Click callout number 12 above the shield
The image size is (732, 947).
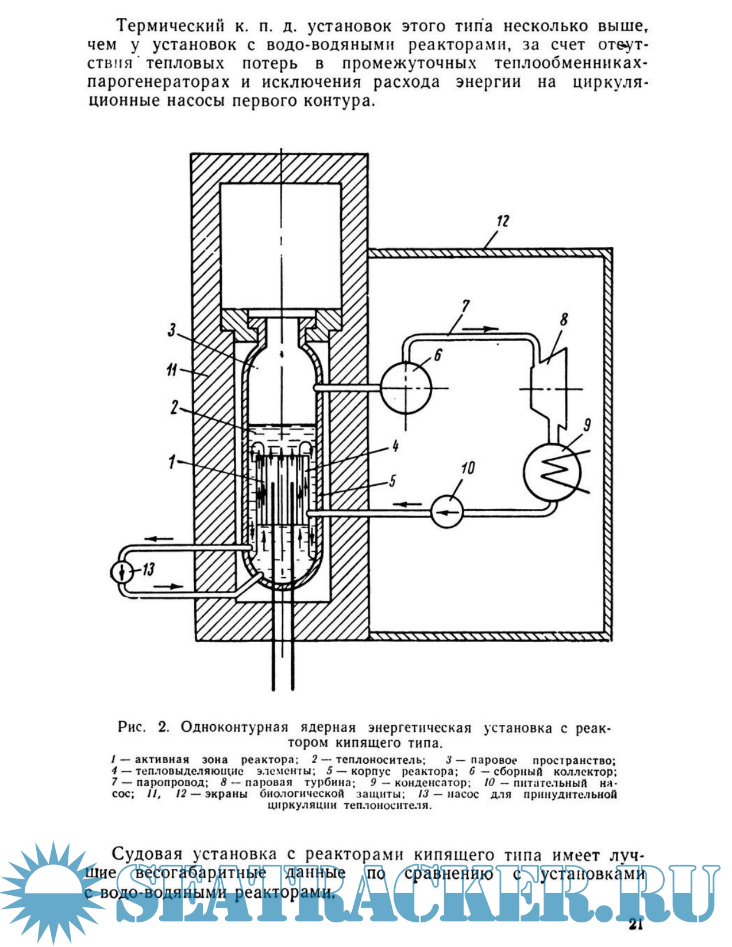pyautogui.click(x=503, y=221)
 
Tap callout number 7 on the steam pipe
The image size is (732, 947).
pyautogui.click(x=465, y=307)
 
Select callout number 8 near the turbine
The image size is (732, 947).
pyautogui.click(x=564, y=319)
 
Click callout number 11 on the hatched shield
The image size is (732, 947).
pyautogui.click(x=172, y=370)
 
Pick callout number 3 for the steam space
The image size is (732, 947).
pyautogui.click(x=172, y=330)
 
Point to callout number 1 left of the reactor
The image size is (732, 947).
pyautogui.click(x=171, y=461)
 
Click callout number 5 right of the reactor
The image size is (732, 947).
pyautogui.click(x=392, y=480)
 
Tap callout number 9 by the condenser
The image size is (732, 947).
pyautogui.click(x=587, y=425)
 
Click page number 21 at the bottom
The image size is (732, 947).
pyautogui.click(x=635, y=925)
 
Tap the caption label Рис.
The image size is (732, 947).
pyautogui.click(x=132, y=727)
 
